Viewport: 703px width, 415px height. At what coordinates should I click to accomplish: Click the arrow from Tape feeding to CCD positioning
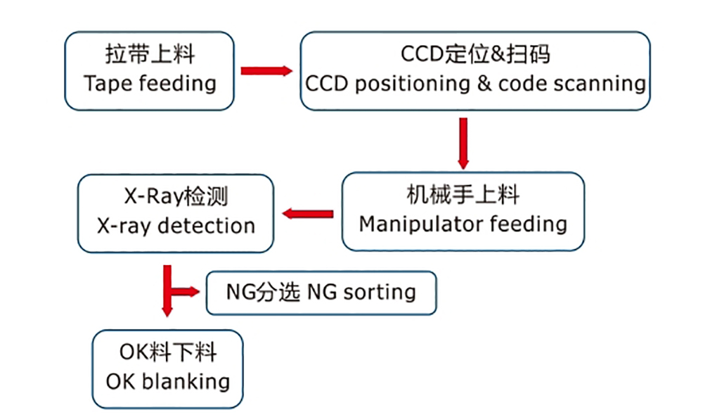tap(266, 71)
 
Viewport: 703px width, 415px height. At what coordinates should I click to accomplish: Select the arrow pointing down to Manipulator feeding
tap(463, 143)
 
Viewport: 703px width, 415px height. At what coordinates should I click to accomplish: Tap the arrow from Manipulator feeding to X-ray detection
tap(308, 214)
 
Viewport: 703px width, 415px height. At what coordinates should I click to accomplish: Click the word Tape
tap(108, 84)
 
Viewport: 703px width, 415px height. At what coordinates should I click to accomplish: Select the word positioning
tap(413, 84)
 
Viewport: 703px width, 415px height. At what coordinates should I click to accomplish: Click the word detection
tap(206, 226)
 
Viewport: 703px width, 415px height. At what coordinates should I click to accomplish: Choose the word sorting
tap(380, 293)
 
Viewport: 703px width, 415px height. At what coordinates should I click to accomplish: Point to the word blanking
tap(186, 382)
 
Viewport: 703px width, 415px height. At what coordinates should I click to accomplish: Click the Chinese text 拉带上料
tap(150, 54)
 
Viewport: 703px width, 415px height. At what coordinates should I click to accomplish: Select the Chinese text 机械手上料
tap(463, 195)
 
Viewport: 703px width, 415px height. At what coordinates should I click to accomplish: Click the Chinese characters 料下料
tap(183, 352)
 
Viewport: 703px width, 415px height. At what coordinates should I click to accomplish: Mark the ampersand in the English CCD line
tap(484, 83)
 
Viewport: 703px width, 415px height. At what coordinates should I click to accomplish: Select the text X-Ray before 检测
tap(154, 196)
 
